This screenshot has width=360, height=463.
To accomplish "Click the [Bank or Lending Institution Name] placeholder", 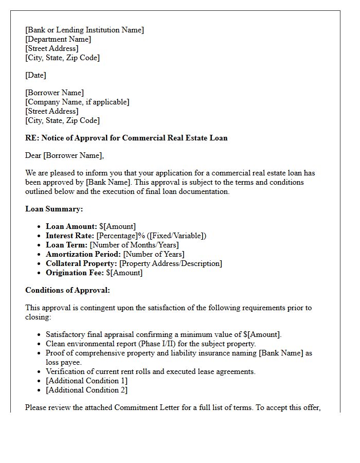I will tap(84, 30).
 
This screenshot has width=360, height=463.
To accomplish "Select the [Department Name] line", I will tap(58, 39).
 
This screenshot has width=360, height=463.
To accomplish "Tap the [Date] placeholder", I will tap(35, 75).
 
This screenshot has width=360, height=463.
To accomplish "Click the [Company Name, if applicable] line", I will tap(77, 102).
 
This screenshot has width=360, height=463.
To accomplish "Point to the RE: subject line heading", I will tap(126, 138).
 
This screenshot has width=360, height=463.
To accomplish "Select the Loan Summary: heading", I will tap(54, 209).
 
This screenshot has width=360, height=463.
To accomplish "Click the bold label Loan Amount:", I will tap(71, 226).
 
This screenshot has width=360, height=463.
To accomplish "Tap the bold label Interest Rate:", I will tap(70, 236).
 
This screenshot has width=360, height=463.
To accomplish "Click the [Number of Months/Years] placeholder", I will tap(134, 245).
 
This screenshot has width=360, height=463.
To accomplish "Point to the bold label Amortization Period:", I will tap(83, 254).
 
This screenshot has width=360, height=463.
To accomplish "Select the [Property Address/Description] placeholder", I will tap(171, 263).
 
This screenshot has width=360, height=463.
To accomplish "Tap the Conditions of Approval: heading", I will tap(67, 290).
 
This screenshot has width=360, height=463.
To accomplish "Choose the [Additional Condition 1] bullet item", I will tap(86, 381).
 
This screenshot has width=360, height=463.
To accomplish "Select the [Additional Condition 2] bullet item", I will tap(86, 390).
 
